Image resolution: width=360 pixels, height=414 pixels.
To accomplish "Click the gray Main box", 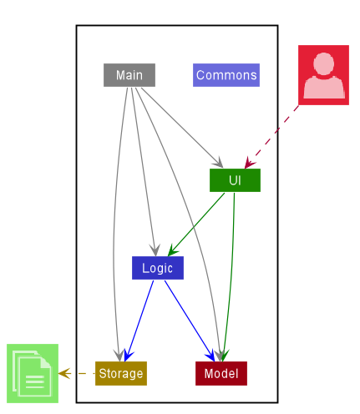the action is pyautogui.click(x=129, y=75).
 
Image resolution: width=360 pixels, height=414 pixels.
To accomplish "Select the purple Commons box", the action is pyautogui.click(x=226, y=75).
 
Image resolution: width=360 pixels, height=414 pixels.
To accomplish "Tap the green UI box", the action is pyautogui.click(x=235, y=180).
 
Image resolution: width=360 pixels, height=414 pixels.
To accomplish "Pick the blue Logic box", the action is pyautogui.click(x=158, y=268).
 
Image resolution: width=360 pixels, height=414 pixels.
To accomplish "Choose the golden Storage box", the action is pyautogui.click(x=121, y=373).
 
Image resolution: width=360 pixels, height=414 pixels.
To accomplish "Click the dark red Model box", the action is pyautogui.click(x=221, y=373).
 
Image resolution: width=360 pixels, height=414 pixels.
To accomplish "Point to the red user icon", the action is pyautogui.click(x=323, y=75).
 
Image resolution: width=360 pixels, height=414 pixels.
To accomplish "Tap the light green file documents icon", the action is pyautogui.click(x=33, y=373).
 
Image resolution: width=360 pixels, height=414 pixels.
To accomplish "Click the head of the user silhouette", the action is pyautogui.click(x=323, y=63).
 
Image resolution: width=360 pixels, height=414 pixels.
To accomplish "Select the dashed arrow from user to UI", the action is pyautogui.click(x=271, y=137).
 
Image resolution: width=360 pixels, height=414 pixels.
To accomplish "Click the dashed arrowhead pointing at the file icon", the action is pyautogui.click(x=64, y=373).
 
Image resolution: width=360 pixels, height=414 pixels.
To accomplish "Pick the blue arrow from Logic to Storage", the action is pyautogui.click(x=139, y=321).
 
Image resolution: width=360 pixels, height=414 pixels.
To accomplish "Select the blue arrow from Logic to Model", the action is pyautogui.click(x=190, y=321).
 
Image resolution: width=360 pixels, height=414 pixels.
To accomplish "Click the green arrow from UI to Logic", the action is pyautogui.click(x=196, y=225).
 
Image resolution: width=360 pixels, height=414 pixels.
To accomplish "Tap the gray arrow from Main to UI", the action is pyautogui.click(x=182, y=128).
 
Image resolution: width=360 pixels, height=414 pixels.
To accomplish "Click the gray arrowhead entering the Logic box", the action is pyautogui.click(x=155, y=250).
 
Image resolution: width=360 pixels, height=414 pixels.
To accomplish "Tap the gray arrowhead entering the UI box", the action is pyautogui.click(x=219, y=163).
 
